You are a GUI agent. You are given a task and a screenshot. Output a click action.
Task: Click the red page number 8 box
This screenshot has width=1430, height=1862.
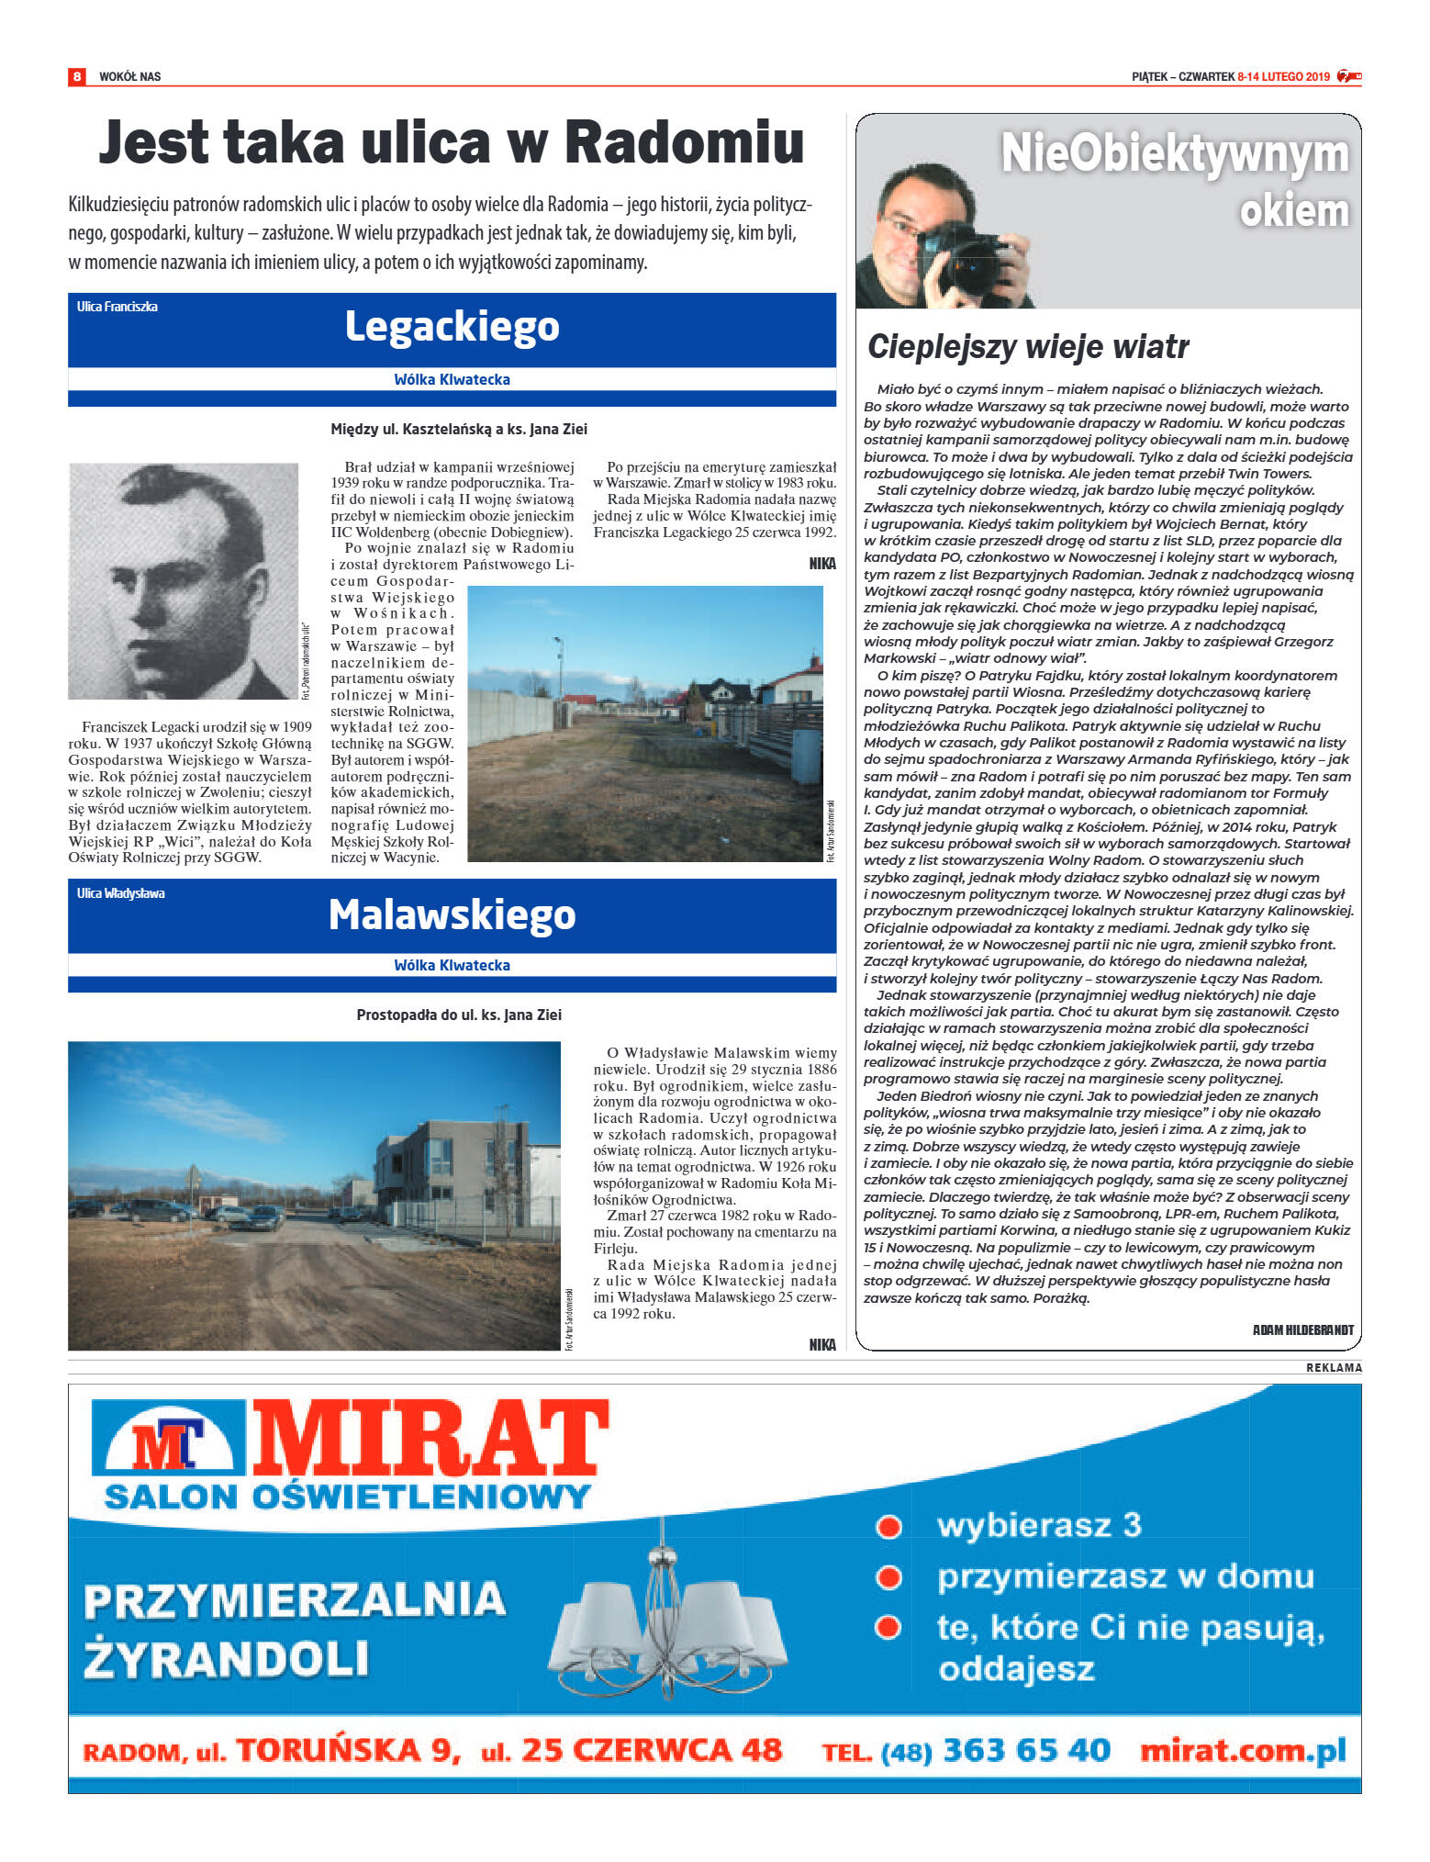pyautogui.click(x=77, y=76)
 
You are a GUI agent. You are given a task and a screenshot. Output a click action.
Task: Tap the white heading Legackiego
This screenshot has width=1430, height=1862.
pyautogui.click(x=452, y=326)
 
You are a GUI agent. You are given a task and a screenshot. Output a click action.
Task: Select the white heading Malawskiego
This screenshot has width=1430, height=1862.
pyautogui.click(x=452, y=914)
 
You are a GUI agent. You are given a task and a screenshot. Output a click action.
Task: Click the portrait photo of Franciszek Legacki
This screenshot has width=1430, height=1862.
pyautogui.click(x=184, y=580)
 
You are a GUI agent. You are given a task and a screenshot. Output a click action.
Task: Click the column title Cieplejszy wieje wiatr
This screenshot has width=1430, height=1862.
pyautogui.click(x=1028, y=347)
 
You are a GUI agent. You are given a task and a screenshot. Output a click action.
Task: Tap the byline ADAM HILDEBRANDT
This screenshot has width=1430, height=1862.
pyautogui.click(x=1302, y=1329)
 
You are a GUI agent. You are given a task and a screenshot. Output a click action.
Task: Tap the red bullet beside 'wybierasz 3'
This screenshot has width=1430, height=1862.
pyautogui.click(x=888, y=1526)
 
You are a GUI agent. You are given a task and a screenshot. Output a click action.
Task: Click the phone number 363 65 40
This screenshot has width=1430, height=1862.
pyautogui.click(x=1026, y=1750)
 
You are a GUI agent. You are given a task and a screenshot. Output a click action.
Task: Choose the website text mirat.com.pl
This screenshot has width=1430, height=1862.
pyautogui.click(x=1243, y=1750)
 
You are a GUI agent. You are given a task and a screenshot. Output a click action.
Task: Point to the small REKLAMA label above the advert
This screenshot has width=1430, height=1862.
pyautogui.click(x=1334, y=1368)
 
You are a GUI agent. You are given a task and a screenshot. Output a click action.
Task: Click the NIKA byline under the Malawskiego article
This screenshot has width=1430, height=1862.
pyautogui.click(x=822, y=1344)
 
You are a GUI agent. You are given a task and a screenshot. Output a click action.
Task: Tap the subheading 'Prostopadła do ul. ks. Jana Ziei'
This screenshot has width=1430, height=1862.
pyautogui.click(x=459, y=1015)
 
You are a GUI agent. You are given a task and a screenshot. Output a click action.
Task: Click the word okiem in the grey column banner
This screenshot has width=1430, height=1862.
pyautogui.click(x=1293, y=211)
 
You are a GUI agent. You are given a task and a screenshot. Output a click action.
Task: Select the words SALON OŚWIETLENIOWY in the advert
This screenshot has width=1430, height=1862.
pyautogui.click(x=347, y=1497)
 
